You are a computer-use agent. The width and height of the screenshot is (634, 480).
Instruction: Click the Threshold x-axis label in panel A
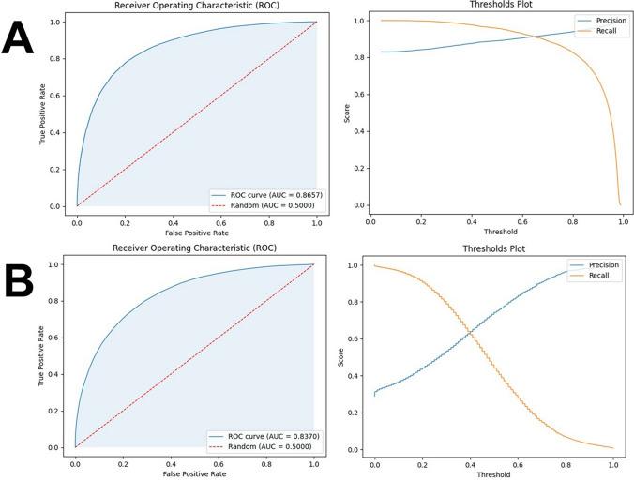click(x=496, y=231)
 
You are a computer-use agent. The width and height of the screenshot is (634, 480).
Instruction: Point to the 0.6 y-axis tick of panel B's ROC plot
click(x=59, y=338)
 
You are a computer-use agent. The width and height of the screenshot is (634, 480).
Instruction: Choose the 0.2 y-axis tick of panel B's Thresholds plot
click(x=362, y=412)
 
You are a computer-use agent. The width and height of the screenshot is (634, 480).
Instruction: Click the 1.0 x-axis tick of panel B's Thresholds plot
click(x=613, y=463)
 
